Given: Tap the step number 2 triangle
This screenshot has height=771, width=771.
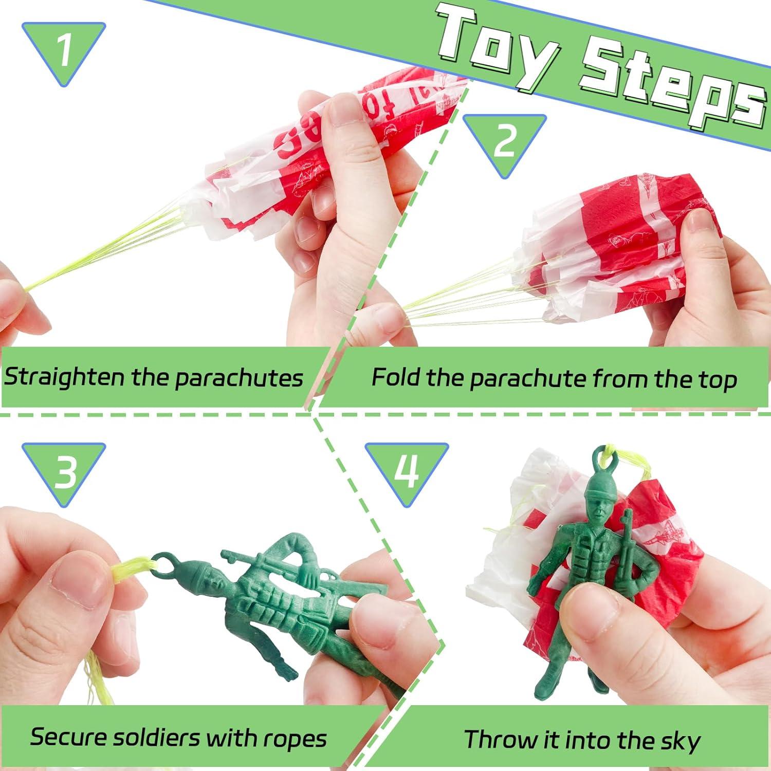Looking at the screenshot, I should point(504,142).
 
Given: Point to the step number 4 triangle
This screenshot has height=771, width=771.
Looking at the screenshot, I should point(407,470).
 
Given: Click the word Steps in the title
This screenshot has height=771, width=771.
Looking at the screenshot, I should point(668,85).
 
